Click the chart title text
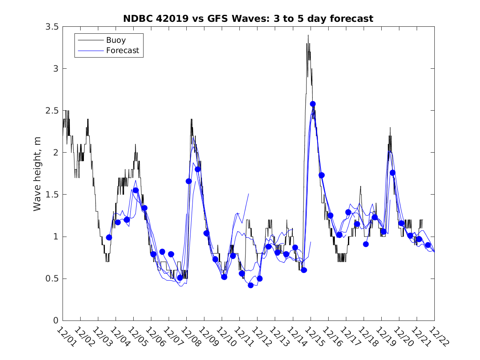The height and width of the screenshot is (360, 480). point(248,19)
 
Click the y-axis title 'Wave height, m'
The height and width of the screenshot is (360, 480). point(37,173)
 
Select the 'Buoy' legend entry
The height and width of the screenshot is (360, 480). point(116,40)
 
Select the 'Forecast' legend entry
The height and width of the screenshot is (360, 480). point(122,51)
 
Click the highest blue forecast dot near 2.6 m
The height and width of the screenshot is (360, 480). point(313,104)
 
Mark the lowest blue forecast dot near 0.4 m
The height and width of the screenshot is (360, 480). point(250,285)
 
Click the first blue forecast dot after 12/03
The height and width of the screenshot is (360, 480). point(109,237)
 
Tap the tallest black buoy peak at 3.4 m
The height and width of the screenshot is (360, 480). point(308,35)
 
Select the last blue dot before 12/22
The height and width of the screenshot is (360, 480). point(428,245)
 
